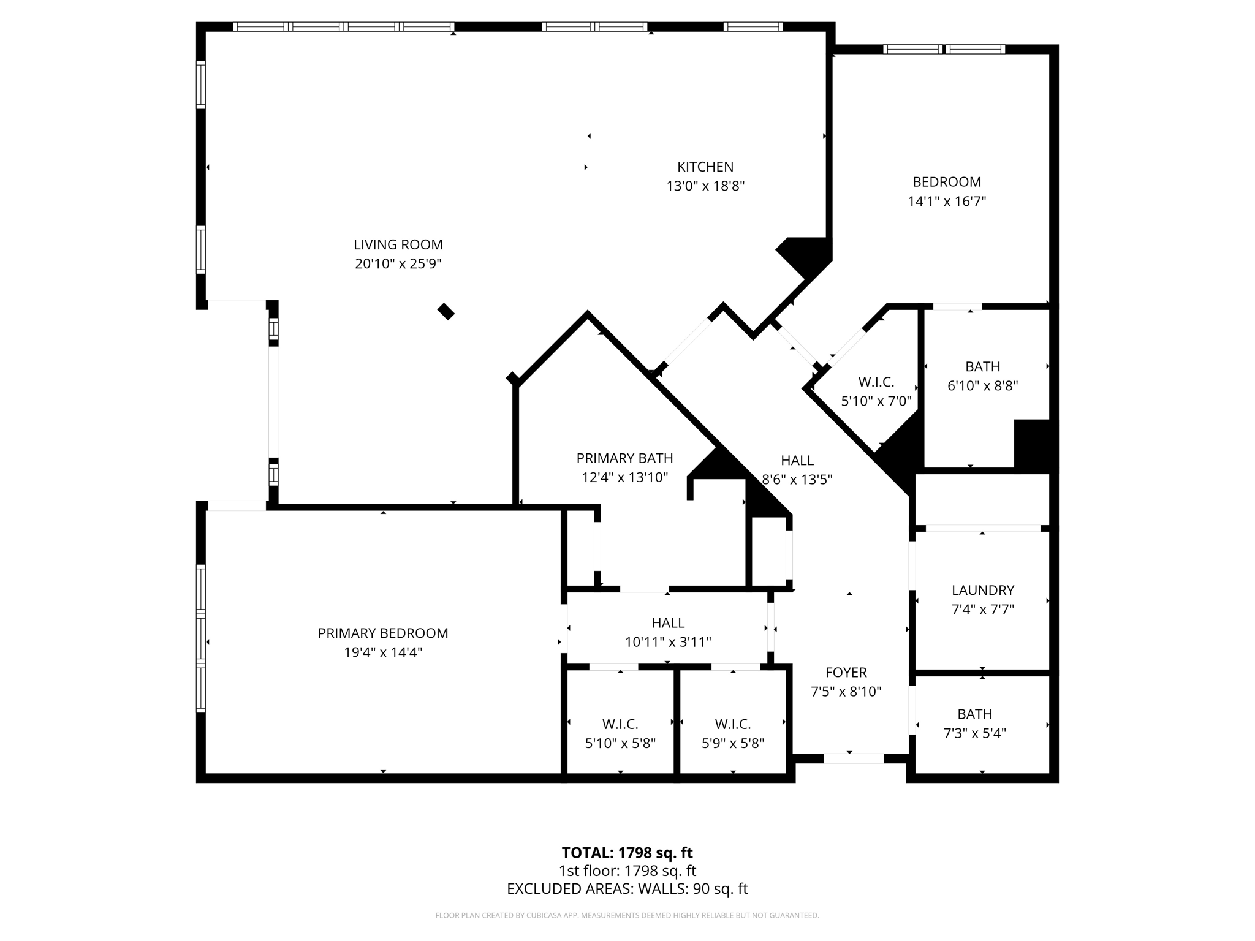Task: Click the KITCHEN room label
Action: (705, 167)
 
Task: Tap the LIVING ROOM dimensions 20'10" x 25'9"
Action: (398, 264)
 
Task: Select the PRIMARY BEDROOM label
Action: (383, 633)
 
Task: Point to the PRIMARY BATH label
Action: (624, 458)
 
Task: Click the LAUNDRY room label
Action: (982, 590)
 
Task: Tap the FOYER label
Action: (846, 672)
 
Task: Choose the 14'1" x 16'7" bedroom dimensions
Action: (947, 201)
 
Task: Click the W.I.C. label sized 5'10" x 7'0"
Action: (876, 382)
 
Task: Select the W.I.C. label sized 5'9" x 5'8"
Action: (732, 724)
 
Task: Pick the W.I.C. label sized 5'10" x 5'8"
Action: (620, 724)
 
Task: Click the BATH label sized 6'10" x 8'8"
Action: (982, 366)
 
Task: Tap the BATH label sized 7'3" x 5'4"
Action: (974, 714)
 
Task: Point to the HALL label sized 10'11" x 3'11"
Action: (668, 623)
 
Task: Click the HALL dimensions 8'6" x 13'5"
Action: (797, 480)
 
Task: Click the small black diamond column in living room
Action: (446, 312)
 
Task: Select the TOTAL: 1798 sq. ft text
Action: (627, 853)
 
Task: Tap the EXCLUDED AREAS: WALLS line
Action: (627, 889)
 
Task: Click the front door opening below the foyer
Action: (853, 758)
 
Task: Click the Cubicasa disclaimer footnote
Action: (627, 916)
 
